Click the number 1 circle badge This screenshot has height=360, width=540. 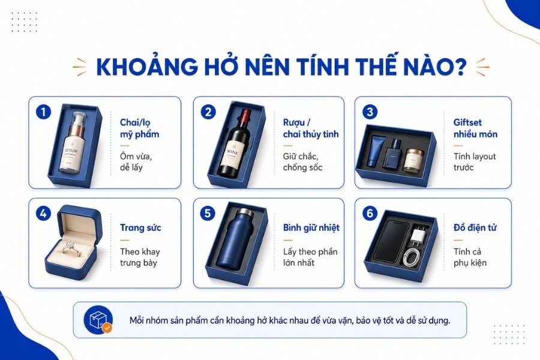43,112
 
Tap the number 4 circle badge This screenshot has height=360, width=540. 43,214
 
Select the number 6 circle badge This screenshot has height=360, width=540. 370,214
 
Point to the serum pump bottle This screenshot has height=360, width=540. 74,143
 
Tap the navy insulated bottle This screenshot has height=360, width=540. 235,238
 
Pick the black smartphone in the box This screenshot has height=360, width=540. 391,241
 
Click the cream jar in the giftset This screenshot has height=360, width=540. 413,160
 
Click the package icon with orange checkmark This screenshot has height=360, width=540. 98,320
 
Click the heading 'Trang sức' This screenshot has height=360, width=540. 140,228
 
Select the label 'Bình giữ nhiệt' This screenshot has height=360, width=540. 311,228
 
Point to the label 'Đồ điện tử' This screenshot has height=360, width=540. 475,227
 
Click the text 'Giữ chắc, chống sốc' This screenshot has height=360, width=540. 303,162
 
